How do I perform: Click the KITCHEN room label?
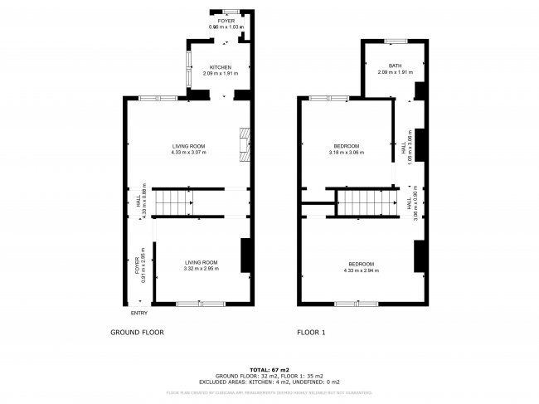(220, 67)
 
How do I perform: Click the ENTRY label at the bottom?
(138, 313)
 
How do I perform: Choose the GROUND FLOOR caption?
(137, 332)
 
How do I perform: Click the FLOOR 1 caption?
(312, 332)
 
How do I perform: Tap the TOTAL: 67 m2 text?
(269, 368)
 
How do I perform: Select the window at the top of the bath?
(395, 41)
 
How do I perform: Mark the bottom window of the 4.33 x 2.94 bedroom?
(348, 304)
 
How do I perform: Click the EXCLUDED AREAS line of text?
(269, 381)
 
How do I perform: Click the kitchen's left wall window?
(187, 66)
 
